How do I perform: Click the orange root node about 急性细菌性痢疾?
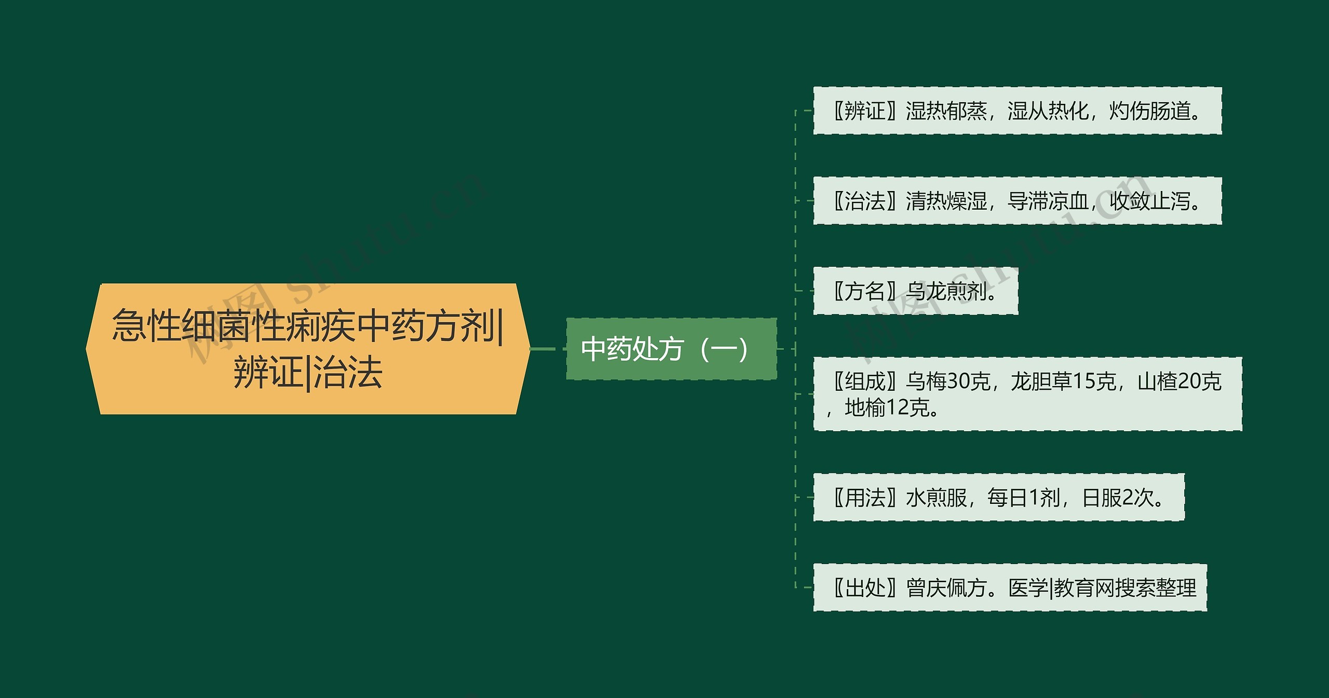tap(307, 349)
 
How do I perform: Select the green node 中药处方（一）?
tap(671, 349)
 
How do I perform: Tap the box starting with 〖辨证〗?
tap(1017, 111)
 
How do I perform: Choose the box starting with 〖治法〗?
tap(1017, 201)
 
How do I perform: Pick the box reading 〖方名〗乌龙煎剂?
tap(915, 291)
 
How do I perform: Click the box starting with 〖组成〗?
tap(1027, 394)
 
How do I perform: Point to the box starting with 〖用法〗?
tap(998, 497)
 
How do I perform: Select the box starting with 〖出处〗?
tap(1010, 587)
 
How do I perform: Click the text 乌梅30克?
tap(948, 381)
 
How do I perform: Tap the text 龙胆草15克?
tap(1063, 381)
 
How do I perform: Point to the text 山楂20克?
tap(1179, 381)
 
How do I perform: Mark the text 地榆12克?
tap(887, 407)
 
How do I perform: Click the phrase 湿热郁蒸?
tap(946, 111)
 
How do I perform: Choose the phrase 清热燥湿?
tap(946, 201)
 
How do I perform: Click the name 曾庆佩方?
tap(946, 588)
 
